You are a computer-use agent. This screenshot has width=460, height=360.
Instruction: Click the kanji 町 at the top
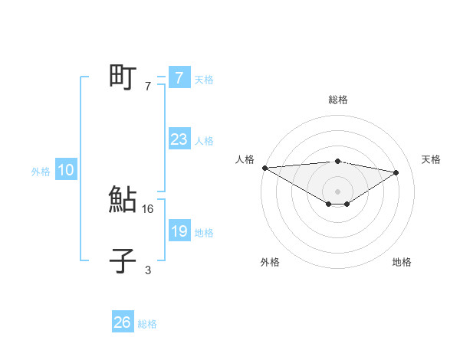123,77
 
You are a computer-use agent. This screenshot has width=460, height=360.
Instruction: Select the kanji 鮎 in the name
123,200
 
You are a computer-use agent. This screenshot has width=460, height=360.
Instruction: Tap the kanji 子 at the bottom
123,261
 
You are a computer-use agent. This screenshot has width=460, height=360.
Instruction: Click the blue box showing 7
179,77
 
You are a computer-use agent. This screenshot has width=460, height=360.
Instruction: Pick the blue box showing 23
179,139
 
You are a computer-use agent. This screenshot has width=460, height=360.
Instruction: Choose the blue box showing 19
179,231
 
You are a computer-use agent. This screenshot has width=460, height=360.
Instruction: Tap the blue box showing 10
66,171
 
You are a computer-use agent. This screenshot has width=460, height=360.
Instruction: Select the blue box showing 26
123,322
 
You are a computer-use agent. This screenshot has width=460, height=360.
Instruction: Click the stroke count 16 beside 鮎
149,208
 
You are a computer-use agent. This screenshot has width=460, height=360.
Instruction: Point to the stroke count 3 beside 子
148,270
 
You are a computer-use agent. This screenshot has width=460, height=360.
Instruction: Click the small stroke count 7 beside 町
148,86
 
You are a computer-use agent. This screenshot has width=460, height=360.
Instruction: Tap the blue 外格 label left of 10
41,172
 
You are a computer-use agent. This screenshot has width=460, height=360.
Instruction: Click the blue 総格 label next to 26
147,324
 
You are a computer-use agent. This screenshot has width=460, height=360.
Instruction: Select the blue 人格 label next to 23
204,141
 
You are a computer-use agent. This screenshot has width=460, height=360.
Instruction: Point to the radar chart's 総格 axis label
337,100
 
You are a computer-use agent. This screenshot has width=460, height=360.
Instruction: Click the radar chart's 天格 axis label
432,159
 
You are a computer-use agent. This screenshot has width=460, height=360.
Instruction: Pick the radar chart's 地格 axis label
402,262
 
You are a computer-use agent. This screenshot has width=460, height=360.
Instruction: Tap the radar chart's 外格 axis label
270,262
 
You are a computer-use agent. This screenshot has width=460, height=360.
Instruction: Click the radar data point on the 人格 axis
264,167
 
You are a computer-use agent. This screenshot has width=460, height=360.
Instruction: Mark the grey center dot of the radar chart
337,191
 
